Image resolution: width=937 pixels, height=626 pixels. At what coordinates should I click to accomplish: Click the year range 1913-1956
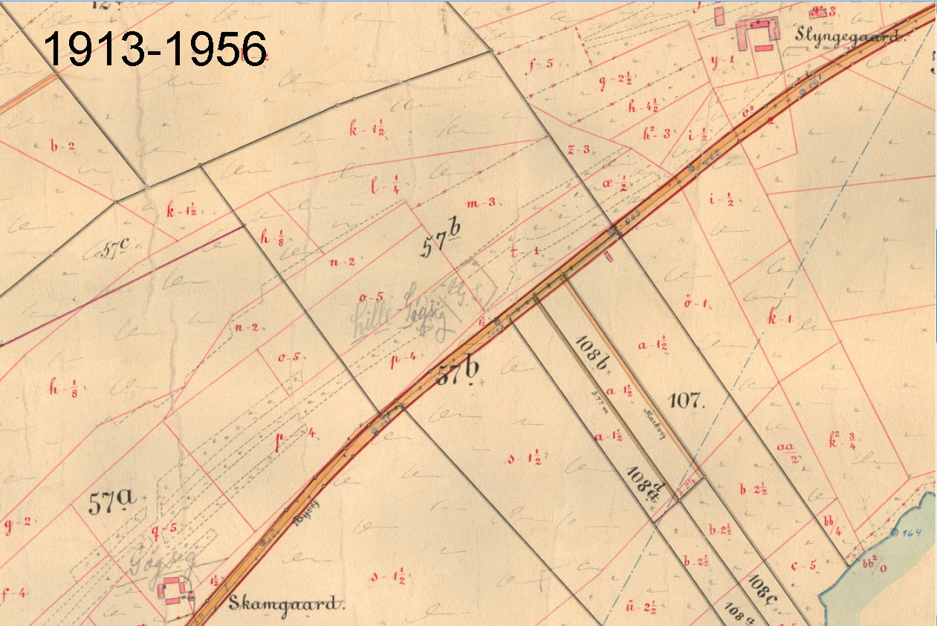coord(154,50)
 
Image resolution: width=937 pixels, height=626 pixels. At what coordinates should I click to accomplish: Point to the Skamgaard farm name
coord(287,602)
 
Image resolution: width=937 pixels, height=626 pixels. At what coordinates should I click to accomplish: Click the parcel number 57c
coord(109,252)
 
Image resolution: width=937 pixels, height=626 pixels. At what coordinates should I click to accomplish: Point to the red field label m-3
coord(481,203)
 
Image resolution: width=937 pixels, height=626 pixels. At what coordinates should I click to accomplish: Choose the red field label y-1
coord(722,60)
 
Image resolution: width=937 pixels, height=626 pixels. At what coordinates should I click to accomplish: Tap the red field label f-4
coord(15,593)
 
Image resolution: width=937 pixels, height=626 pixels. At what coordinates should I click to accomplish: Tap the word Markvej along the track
coord(651,415)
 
